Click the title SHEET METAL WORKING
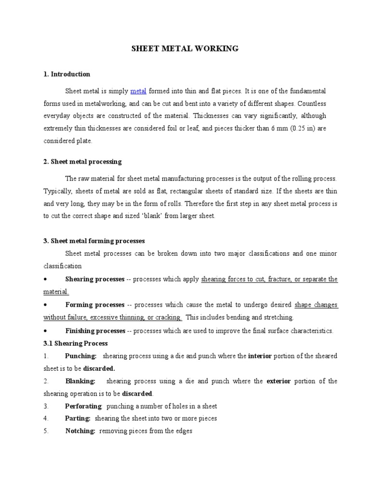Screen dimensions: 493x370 pos(185,49)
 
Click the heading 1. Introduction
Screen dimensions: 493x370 pos(66,74)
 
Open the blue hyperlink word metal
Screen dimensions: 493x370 pos(138,91)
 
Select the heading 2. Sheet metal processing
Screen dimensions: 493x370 pos(82,161)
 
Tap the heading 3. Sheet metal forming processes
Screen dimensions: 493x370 pos(94,241)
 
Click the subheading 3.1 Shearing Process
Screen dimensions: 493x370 pos(76,343)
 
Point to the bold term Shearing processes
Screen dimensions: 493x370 pos(94,279)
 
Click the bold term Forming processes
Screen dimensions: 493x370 pos(95,305)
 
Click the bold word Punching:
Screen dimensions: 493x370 pos(81,356)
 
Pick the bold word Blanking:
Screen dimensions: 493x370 pos(80,381)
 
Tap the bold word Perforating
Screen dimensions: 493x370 pos(83,406)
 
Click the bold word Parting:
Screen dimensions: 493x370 pos(78,418)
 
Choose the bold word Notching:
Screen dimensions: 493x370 pos(80,431)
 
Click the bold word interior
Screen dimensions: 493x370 pos(260,356)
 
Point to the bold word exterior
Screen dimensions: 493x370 pos(278,381)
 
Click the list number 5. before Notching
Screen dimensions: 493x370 pos(46,431)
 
